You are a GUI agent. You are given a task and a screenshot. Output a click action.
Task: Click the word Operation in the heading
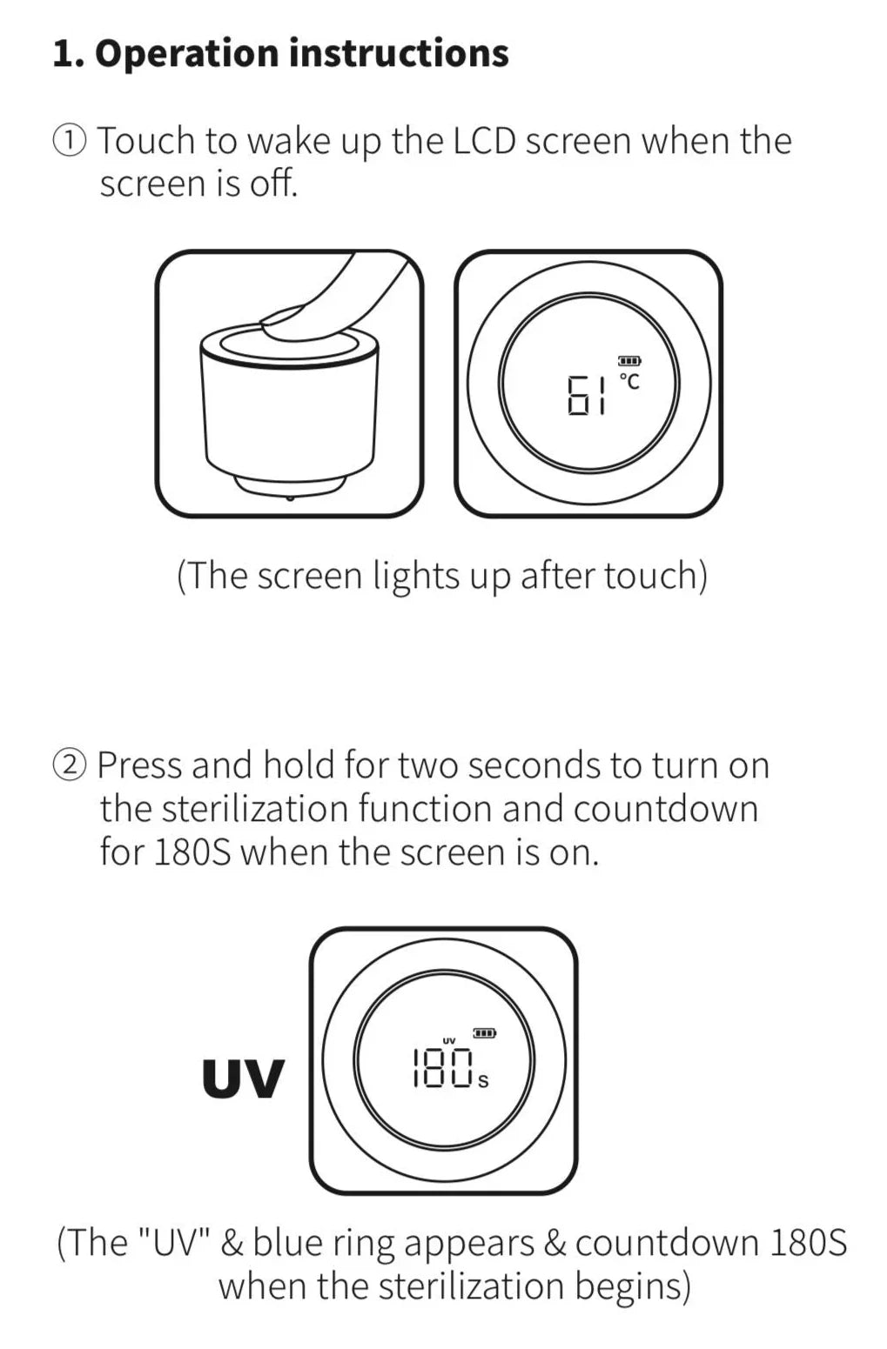click(187, 54)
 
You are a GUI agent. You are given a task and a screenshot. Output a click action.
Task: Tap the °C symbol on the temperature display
click(629, 381)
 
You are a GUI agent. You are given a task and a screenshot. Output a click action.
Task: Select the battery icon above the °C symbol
click(629, 361)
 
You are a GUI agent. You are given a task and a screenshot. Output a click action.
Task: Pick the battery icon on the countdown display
click(484, 1033)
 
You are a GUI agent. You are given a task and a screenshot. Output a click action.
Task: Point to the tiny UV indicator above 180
click(449, 1040)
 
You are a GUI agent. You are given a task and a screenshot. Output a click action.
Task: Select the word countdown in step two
click(666, 809)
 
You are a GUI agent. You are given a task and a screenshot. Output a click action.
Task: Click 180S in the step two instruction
click(192, 852)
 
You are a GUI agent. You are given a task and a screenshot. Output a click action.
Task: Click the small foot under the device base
click(290, 498)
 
